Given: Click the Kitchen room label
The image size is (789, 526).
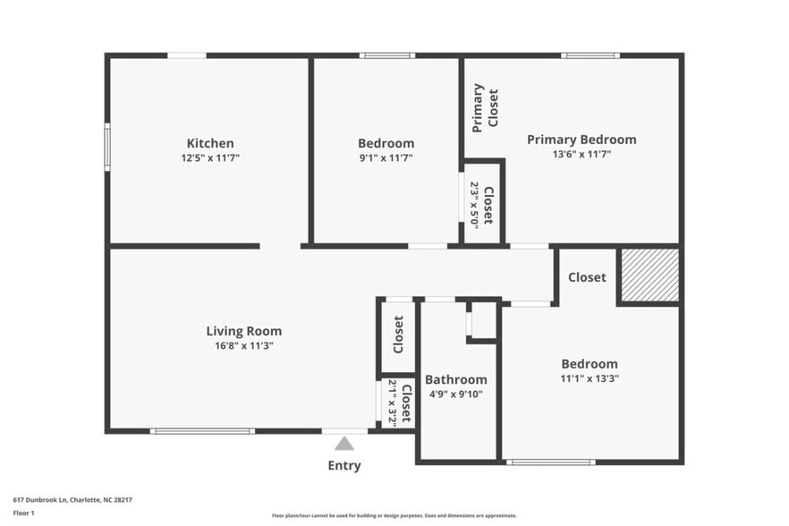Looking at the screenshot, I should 210,143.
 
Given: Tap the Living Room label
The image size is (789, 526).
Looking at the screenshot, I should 244,331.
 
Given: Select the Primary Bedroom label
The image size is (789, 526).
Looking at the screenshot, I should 581,140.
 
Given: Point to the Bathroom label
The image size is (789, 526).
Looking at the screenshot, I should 456,379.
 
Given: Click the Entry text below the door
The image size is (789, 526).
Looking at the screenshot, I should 344,465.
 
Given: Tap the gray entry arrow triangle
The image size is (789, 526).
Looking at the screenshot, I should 344,444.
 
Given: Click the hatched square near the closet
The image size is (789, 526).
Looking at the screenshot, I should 649,276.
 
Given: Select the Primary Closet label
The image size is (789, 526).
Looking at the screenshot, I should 485,108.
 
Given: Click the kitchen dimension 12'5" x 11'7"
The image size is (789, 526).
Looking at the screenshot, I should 210,157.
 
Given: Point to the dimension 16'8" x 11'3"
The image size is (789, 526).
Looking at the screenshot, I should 244,345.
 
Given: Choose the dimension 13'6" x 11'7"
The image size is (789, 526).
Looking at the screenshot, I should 581,154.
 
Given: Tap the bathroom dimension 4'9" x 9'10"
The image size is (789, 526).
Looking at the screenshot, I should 456,394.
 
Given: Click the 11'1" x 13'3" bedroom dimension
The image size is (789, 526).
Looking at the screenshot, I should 590,378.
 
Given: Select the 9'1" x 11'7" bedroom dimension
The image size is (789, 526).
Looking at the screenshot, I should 386,157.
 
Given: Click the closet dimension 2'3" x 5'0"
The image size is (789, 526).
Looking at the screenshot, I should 475,205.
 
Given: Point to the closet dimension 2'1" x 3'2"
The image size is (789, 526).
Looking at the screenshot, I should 392,403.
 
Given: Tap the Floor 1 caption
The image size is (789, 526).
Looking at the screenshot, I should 23,513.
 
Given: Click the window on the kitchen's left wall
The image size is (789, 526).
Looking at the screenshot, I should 107,148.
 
